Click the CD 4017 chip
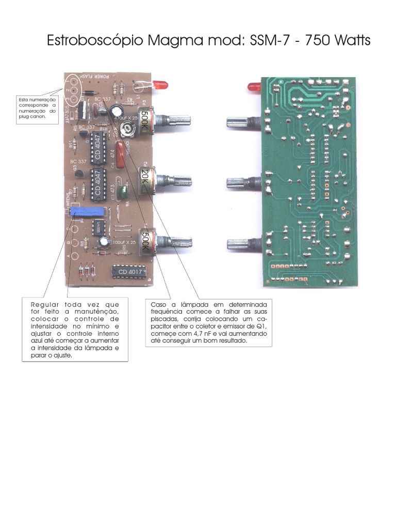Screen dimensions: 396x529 [x=129, y=272]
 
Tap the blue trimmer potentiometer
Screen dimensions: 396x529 [x=88, y=211]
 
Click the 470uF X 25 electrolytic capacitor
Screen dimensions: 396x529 [x=119, y=111]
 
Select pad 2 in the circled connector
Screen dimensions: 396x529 [x=74, y=90]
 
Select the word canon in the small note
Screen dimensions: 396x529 [x=38, y=117]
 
